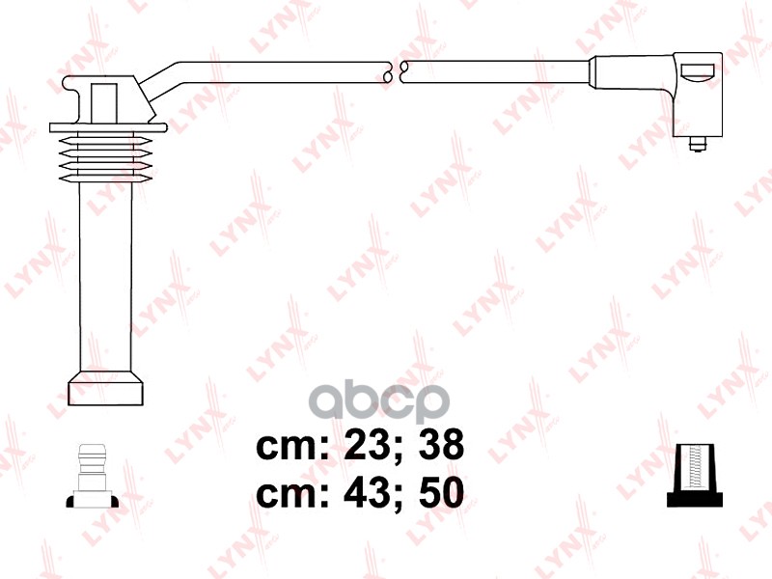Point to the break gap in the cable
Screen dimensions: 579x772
(395, 71)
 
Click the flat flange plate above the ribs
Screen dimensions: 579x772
(104, 127)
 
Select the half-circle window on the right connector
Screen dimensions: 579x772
(697, 70)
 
